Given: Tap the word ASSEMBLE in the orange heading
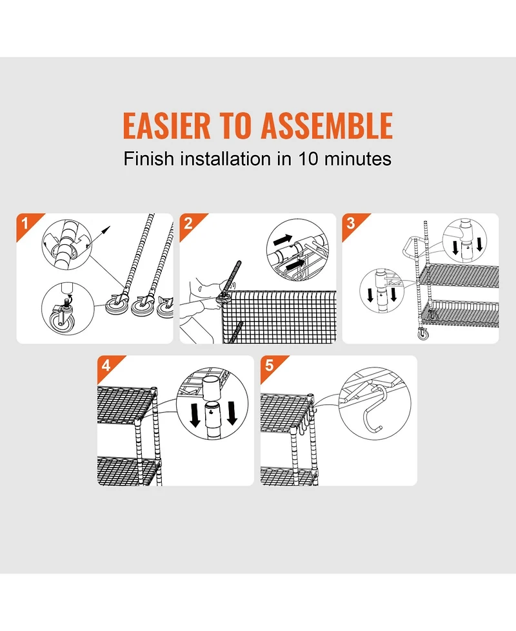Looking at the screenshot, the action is (x=327, y=125).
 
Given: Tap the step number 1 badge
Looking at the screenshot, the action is (x=25, y=223).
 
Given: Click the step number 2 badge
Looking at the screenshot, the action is (x=188, y=223).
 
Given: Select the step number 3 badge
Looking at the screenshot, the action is (x=351, y=223).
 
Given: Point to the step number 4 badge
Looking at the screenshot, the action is (x=106, y=366).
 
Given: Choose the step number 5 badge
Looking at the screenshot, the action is (x=269, y=366).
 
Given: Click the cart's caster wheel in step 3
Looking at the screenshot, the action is (x=423, y=334).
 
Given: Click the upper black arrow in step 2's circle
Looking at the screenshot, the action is (x=283, y=240).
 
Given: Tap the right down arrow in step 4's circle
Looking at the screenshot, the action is (x=232, y=414).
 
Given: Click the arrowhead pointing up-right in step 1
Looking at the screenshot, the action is (x=106, y=229).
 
